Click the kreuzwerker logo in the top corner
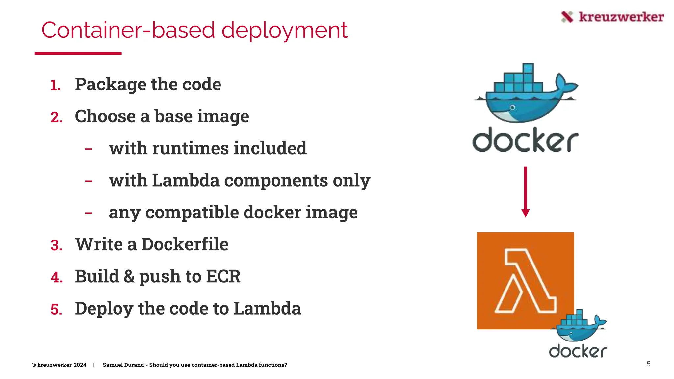click(x=612, y=17)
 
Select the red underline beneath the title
click(x=78, y=53)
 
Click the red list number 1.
click(x=55, y=86)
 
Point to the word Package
click(x=111, y=85)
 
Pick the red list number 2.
click(x=56, y=117)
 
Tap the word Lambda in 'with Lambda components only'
click(x=186, y=180)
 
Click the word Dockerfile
click(x=185, y=244)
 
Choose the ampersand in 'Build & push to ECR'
click(x=129, y=276)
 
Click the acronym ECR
click(x=223, y=276)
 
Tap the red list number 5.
click(x=56, y=310)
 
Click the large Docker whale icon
click(x=526, y=94)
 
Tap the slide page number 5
click(x=648, y=364)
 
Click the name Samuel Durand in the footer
click(x=123, y=365)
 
